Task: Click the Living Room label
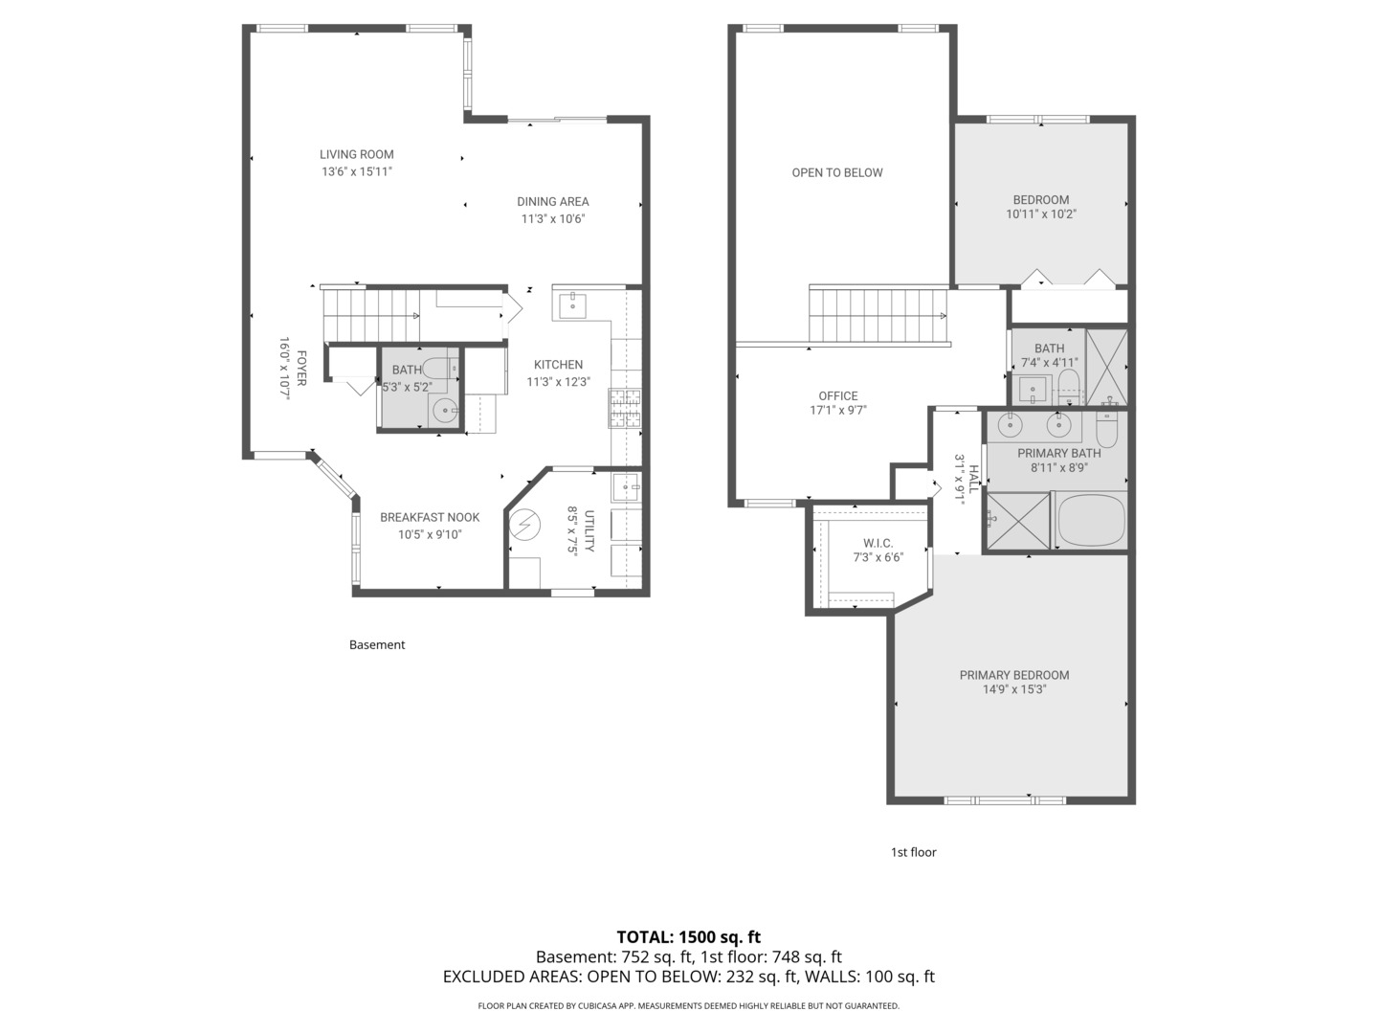tap(356, 154)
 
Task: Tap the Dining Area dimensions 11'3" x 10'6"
tap(552, 218)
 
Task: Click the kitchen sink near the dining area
tap(572, 306)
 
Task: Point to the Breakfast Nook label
tap(430, 517)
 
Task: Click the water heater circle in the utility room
tap(524, 527)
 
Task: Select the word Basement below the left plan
tap(376, 644)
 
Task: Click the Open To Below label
tap(836, 172)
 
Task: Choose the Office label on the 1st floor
tap(837, 395)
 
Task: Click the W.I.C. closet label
tap(878, 543)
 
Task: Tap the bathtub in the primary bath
tap(1090, 521)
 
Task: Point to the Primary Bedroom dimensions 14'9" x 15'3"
tap(1014, 688)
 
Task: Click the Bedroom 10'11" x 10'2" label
tap(1041, 200)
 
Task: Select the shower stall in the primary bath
tap(1016, 521)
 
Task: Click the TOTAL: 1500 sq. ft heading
tap(688, 936)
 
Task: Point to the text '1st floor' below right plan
tap(913, 851)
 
